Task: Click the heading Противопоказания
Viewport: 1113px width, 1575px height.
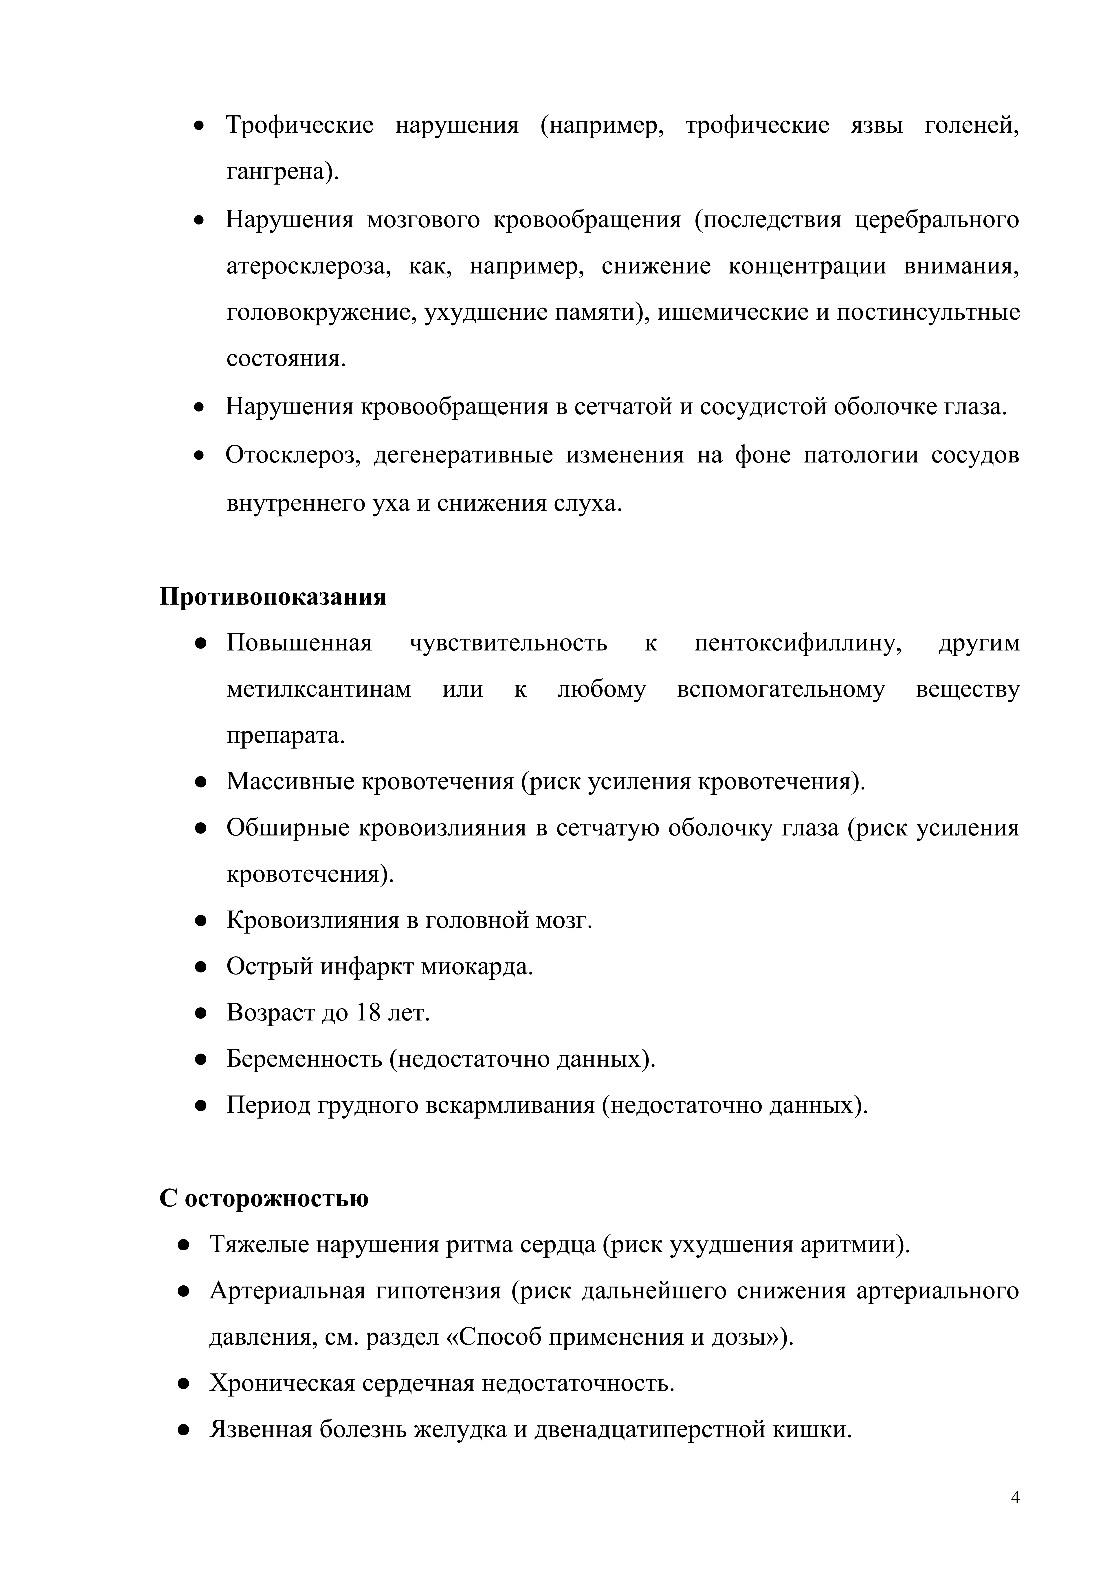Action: tap(273, 597)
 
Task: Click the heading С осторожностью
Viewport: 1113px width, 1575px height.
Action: tap(264, 1198)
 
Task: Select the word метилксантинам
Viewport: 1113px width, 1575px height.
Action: tap(319, 689)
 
